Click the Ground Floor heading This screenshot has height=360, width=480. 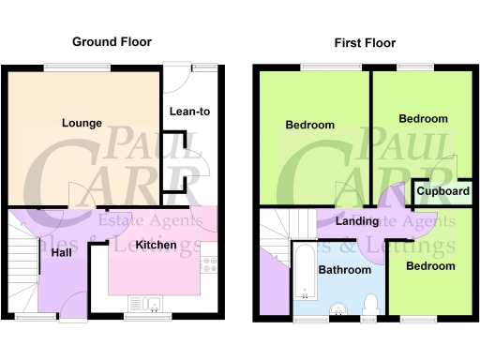click(112, 42)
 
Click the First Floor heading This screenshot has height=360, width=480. click(365, 43)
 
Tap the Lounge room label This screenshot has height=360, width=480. click(82, 123)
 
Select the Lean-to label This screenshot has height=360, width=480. click(188, 112)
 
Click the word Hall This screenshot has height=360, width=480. click(63, 253)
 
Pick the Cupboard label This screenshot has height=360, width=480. click(443, 192)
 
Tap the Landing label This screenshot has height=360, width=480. click(357, 222)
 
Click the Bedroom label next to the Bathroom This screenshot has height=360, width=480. click(430, 266)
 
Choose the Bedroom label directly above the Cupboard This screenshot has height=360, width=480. click(423, 119)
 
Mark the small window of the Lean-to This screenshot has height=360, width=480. click(203, 66)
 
